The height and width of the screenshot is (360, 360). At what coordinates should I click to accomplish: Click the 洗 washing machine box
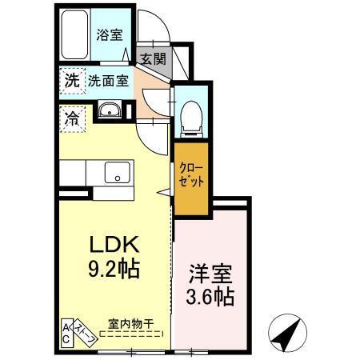click(70, 80)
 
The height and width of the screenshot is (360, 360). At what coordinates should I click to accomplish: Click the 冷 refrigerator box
click(70, 118)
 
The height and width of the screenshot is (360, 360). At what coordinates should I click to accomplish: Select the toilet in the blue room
click(191, 117)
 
